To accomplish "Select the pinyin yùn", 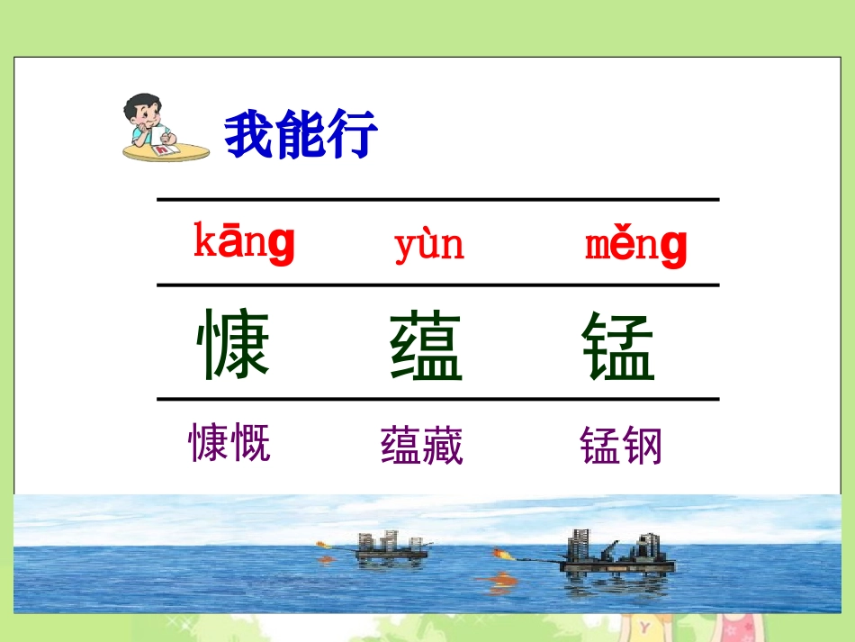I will pyautogui.click(x=428, y=244).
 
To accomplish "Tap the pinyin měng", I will pyautogui.click(x=635, y=245).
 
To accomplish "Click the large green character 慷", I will pyautogui.click(x=233, y=344).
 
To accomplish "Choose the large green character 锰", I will pyautogui.click(x=617, y=347).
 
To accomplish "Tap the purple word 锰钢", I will pyautogui.click(x=621, y=446).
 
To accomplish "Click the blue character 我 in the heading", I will pyautogui.click(x=249, y=135).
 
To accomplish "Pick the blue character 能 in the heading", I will pyautogui.click(x=301, y=135).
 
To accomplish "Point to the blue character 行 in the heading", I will pyautogui.click(x=352, y=135).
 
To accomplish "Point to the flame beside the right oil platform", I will pyautogui.click(x=502, y=554).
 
